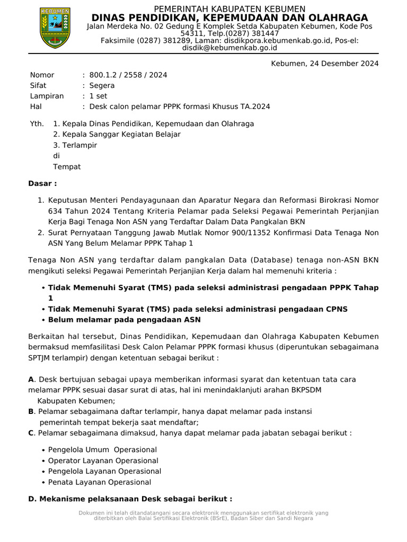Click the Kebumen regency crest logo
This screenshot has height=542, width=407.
click(55, 28)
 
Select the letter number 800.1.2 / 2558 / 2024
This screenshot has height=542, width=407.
click(128, 75)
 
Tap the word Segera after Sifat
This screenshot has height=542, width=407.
click(102, 85)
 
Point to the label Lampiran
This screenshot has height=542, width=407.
click(47, 96)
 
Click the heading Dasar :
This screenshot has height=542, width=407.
click(42, 184)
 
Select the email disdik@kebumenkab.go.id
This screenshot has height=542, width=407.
click(229, 48)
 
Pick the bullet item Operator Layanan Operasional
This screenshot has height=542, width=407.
click(103, 460)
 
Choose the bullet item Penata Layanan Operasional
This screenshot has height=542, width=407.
click(99, 482)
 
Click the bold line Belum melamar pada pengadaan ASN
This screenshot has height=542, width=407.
click(124, 320)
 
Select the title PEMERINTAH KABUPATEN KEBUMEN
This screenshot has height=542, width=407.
click(229, 9)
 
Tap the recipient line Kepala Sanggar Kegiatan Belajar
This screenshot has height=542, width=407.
click(117, 134)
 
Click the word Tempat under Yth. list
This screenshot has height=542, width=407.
click(67, 167)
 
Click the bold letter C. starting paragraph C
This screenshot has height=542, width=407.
click(31, 433)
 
